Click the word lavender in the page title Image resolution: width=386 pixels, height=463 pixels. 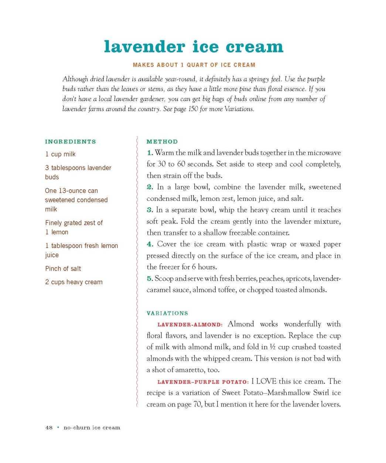point(144,47)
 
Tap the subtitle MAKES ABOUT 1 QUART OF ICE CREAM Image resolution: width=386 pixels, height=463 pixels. point(194,65)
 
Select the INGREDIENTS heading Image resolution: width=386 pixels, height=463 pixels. point(71,142)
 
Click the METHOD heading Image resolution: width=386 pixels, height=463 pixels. point(162,142)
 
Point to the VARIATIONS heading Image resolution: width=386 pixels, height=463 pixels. point(167,313)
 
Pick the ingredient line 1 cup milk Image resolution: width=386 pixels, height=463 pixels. point(60,154)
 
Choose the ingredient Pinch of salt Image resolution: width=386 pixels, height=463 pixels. point(63,269)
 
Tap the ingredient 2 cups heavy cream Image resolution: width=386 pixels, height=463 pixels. point(74,282)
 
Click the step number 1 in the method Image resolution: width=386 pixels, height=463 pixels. point(149,153)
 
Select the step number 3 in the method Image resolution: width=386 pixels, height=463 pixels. point(149,210)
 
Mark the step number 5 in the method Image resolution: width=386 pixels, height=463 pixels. point(149,279)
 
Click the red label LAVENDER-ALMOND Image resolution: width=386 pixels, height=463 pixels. point(190,325)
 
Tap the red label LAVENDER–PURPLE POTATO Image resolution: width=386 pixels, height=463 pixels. point(203,382)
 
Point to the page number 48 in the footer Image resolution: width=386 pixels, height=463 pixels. point(49,428)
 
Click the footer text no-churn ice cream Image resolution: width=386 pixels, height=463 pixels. point(92,428)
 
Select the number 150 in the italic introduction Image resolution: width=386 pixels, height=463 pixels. point(193,109)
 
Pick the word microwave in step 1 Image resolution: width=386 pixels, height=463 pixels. point(324,153)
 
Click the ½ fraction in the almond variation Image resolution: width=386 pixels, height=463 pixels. point(273,347)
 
